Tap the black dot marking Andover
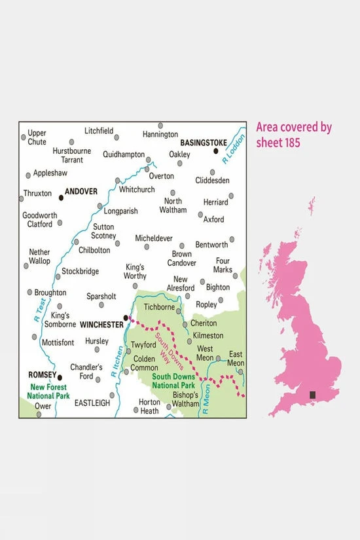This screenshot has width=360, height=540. (x=62, y=196)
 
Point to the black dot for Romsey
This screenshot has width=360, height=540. (x=60, y=377)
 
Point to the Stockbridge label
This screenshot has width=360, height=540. (x=80, y=271)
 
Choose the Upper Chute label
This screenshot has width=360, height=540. (x=37, y=137)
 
